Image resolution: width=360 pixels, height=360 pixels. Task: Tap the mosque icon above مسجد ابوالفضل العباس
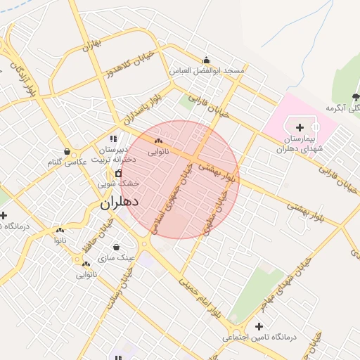[205, 60]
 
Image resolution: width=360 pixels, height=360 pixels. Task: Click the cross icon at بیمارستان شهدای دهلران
[300, 127]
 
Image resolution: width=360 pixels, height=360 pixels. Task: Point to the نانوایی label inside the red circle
[157, 151]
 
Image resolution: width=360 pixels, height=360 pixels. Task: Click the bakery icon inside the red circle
[157, 141]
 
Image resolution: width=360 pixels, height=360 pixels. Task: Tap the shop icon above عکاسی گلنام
[67, 152]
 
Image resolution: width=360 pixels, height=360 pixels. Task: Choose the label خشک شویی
[118, 183]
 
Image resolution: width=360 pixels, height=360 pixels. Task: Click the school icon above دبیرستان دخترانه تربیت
[114, 139]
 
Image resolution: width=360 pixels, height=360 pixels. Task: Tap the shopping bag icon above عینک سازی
[115, 247]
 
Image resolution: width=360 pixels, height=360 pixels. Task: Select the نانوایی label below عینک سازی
[87, 274]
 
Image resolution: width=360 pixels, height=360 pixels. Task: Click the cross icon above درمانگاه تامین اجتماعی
[259, 327]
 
